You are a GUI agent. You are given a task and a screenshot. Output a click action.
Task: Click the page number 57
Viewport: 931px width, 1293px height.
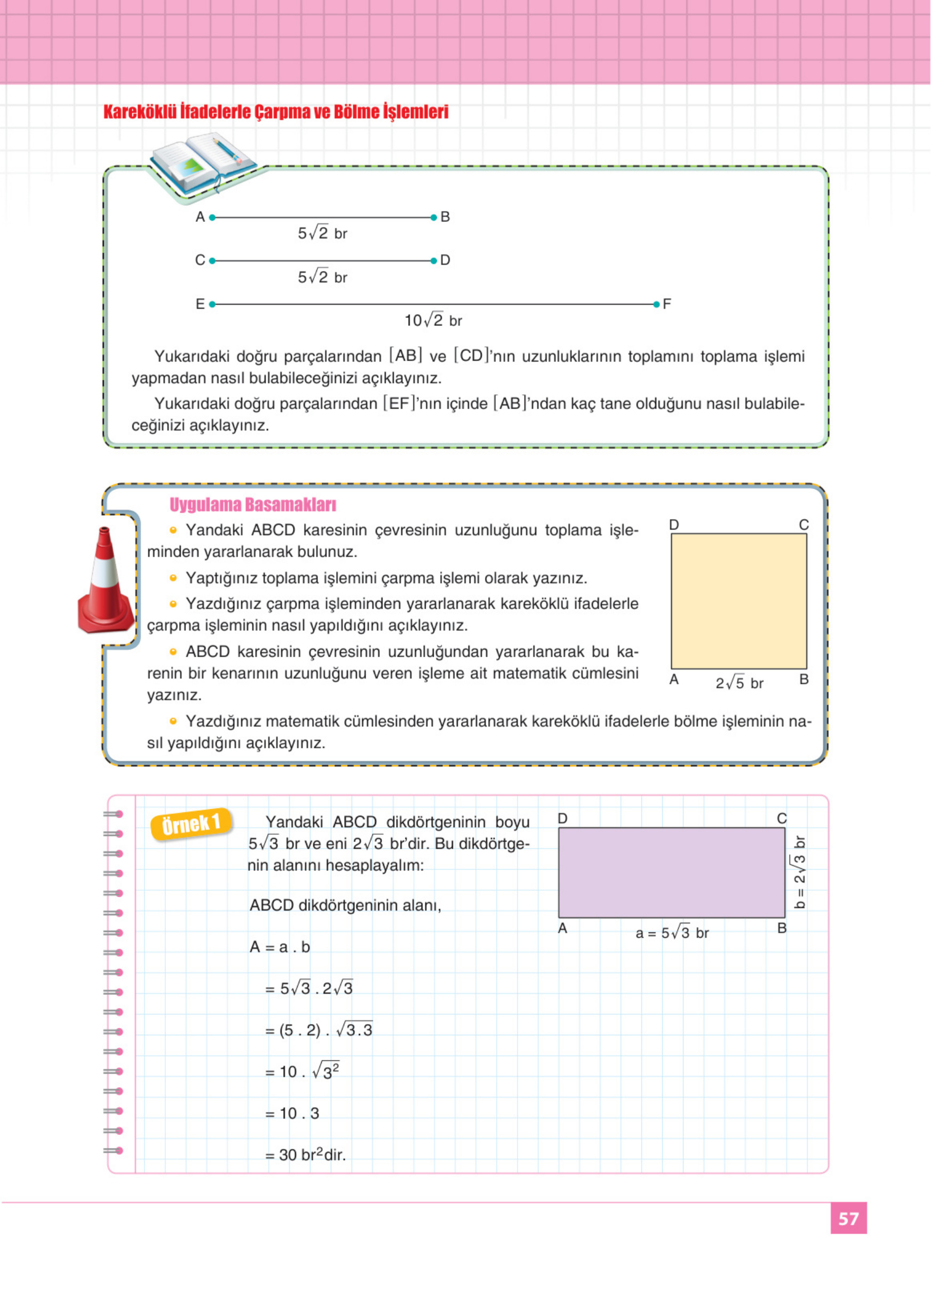click(x=848, y=1218)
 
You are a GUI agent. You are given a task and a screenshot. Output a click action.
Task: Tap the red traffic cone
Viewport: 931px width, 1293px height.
click(x=106, y=581)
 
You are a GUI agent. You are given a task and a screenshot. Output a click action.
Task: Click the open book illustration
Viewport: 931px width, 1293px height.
click(x=202, y=163)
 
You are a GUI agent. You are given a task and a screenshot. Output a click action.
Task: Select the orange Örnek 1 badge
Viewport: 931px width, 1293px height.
click(x=191, y=824)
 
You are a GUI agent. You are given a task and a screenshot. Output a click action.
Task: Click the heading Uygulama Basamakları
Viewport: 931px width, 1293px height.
click(x=252, y=505)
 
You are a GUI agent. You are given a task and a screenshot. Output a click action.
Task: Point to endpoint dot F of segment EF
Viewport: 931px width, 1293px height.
click(x=656, y=305)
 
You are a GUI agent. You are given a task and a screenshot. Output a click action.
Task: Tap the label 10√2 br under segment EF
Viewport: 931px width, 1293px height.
click(x=433, y=321)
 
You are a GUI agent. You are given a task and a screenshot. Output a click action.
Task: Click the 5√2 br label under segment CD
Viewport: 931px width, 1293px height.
click(x=322, y=277)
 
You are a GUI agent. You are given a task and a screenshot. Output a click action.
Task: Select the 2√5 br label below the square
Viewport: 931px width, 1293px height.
click(x=739, y=682)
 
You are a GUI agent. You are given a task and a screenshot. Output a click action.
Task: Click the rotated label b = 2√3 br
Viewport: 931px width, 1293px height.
click(x=799, y=872)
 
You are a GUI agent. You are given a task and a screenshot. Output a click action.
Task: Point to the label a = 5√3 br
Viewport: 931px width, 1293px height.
click(x=672, y=933)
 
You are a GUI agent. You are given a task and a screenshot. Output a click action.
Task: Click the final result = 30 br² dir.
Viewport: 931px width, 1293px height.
click(x=306, y=1154)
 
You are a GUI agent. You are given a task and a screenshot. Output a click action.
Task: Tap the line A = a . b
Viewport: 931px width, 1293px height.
click(x=280, y=947)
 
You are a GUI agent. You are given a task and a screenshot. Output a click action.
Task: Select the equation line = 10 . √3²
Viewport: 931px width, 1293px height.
click(x=302, y=1071)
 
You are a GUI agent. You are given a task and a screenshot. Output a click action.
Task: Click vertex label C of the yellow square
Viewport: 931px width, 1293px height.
click(x=803, y=524)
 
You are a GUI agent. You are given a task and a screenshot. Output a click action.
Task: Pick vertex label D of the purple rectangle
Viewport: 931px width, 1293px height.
click(x=562, y=819)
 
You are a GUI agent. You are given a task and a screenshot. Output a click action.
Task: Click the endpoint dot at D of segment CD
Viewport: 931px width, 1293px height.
click(x=434, y=260)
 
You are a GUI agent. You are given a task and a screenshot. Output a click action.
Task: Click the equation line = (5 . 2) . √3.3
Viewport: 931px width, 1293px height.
click(x=318, y=1029)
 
